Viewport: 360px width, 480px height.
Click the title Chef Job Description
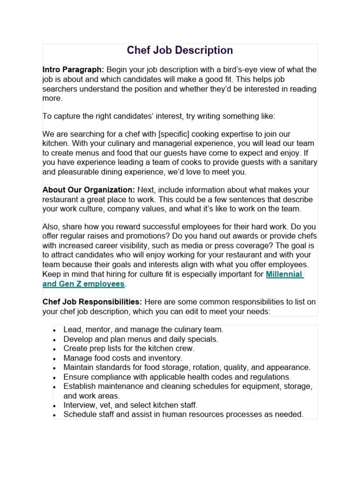click(x=180, y=50)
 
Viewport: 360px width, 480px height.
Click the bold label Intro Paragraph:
click(x=73, y=70)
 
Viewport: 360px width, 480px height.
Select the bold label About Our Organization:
click(x=89, y=190)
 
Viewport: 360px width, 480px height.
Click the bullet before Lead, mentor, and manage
click(x=55, y=330)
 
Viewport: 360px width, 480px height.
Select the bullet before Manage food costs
click(x=55, y=359)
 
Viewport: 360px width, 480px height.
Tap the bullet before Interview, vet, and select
click(x=55, y=405)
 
